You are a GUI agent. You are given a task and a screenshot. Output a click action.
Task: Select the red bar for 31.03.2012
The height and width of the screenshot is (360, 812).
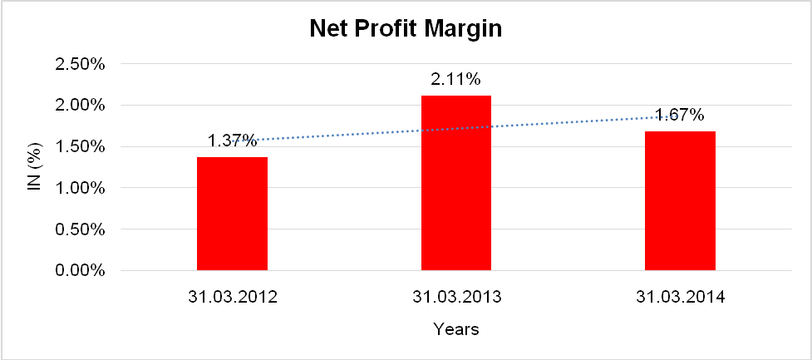232,214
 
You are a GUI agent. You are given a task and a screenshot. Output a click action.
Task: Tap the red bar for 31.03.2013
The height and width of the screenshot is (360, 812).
455,183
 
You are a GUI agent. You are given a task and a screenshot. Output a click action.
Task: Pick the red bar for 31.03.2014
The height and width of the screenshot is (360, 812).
680,200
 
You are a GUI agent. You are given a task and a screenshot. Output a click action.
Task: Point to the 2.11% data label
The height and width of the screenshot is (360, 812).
455,80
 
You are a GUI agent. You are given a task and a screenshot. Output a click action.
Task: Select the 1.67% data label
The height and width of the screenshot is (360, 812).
680,115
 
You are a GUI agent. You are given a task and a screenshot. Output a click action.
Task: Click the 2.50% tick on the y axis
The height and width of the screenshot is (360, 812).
80,64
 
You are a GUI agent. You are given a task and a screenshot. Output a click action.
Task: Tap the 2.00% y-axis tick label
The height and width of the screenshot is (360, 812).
80,106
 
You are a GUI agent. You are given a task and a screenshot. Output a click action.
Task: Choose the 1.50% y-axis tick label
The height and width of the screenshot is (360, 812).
80,147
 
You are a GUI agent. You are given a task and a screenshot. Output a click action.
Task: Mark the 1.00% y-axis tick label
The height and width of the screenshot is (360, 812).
80,189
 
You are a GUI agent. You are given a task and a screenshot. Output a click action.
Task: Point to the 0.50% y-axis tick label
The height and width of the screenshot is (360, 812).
80,229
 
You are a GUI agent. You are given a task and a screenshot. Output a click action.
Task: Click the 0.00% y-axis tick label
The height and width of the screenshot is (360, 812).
80,271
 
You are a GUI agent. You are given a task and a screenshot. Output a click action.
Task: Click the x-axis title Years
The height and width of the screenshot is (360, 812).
455,329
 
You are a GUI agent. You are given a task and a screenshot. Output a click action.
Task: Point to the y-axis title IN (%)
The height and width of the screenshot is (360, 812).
34,167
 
